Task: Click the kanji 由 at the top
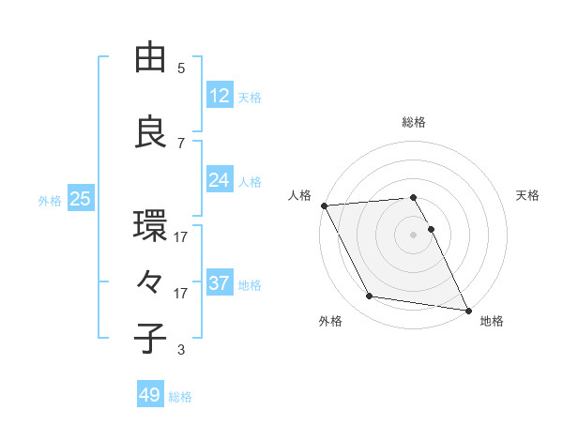click(x=150, y=58)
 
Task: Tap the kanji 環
click(x=150, y=226)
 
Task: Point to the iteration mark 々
click(x=150, y=282)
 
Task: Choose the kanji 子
click(x=150, y=339)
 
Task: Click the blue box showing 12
click(x=220, y=96)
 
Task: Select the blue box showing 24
click(x=220, y=180)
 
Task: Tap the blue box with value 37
click(x=220, y=283)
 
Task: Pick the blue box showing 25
click(x=80, y=199)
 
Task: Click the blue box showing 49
click(x=150, y=395)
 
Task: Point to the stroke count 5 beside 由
click(x=181, y=68)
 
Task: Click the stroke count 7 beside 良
click(x=181, y=143)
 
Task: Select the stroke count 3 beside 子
click(x=181, y=350)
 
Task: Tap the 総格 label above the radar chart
click(x=414, y=122)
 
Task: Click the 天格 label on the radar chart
click(x=527, y=195)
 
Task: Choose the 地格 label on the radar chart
click(x=492, y=321)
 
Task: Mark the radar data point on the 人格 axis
click(x=324, y=205)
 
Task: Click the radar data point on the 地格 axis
click(x=467, y=309)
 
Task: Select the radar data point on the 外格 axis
click(x=370, y=297)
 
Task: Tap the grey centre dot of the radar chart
click(x=414, y=235)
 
